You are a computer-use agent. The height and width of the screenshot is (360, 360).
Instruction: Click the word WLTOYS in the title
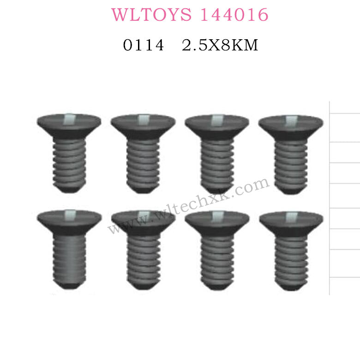[147, 15]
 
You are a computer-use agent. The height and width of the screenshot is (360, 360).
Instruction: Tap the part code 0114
[143, 46]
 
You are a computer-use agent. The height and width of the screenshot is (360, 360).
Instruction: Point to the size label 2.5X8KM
[220, 46]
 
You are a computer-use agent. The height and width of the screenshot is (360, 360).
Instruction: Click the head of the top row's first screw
[69, 126]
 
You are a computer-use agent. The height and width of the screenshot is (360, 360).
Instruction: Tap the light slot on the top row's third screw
[216, 120]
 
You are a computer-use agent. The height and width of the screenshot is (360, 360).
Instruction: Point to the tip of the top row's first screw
[69, 189]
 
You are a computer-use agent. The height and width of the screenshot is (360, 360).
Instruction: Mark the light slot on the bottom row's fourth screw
[291, 216]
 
